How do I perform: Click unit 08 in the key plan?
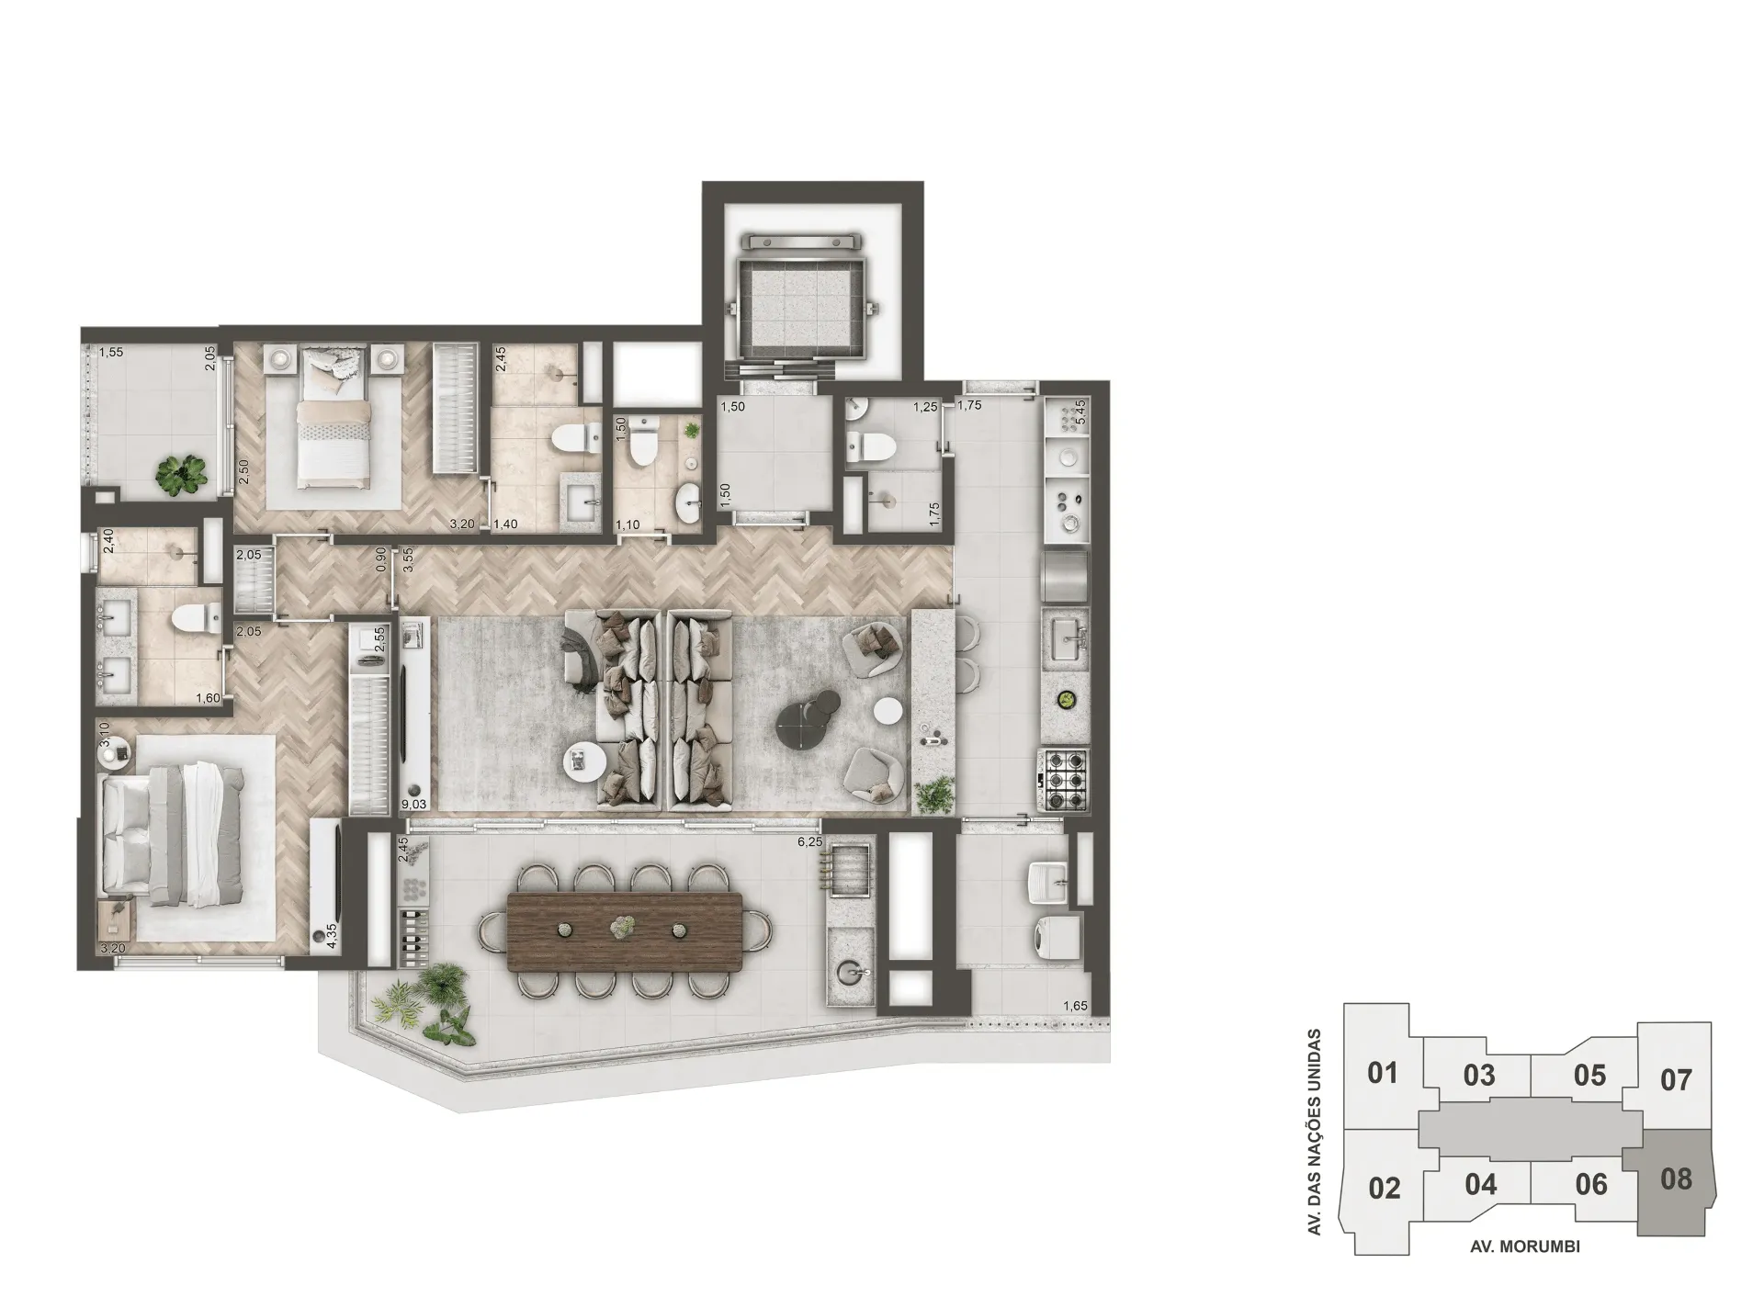coord(1676,1178)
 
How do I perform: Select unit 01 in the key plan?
coord(1382,1073)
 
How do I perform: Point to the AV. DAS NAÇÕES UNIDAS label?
coord(1315,1132)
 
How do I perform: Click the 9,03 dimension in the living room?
coord(414,805)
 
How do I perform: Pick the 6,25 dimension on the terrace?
coord(808,841)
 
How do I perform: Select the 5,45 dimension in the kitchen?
coord(1080,411)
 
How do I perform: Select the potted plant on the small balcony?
coord(180,474)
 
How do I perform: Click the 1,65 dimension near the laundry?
coord(1075,1007)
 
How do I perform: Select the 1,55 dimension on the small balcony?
coord(111,352)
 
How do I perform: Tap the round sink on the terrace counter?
coord(851,972)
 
